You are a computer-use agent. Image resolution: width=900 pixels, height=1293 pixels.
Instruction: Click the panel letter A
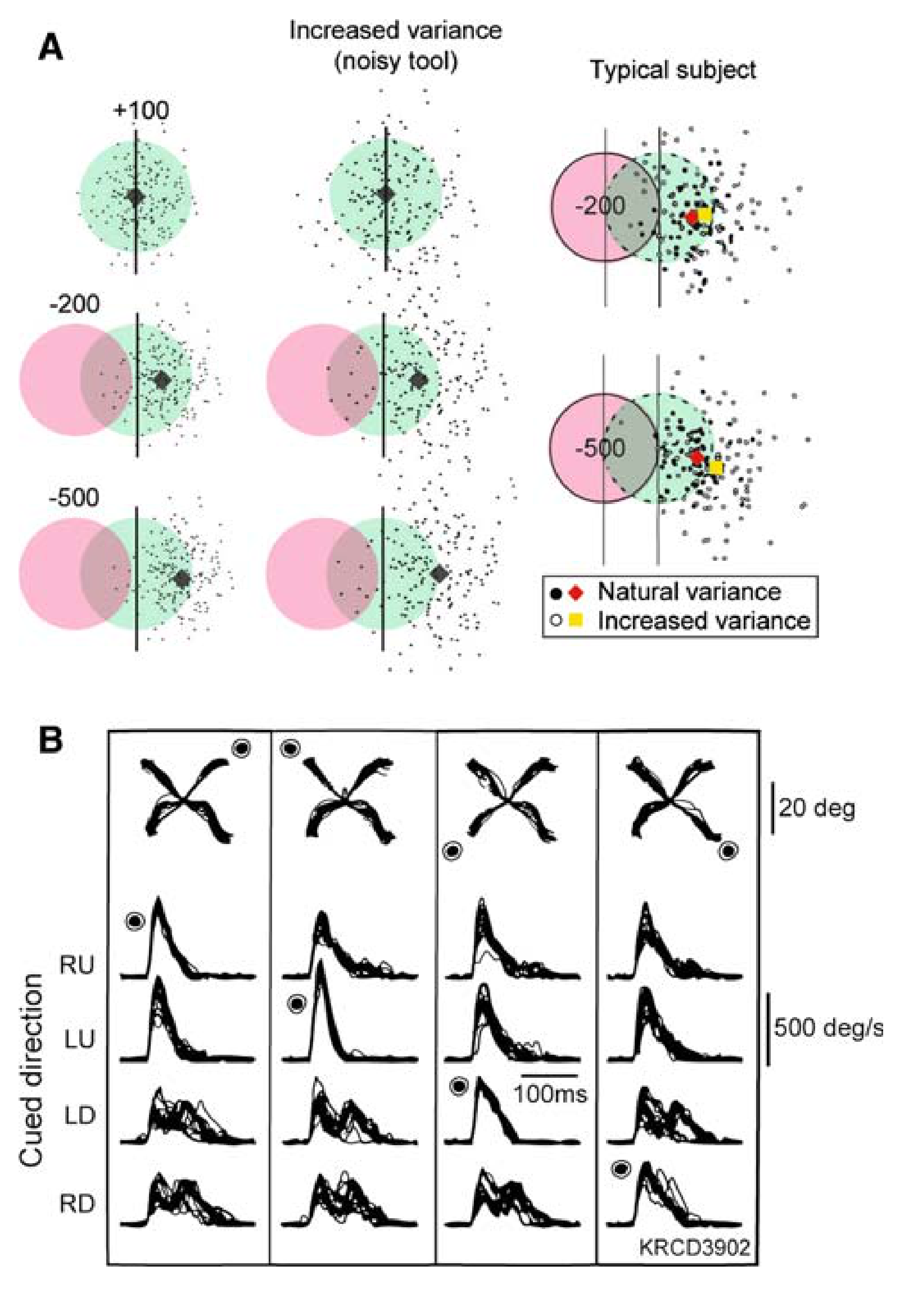click(x=50, y=48)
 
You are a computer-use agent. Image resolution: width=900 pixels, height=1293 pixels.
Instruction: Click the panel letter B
click(x=50, y=741)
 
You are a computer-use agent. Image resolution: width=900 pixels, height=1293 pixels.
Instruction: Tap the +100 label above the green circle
click(x=141, y=110)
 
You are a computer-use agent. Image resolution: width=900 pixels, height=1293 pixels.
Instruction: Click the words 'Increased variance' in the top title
click(x=395, y=30)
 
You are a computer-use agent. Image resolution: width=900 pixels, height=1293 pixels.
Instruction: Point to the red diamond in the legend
click(x=576, y=592)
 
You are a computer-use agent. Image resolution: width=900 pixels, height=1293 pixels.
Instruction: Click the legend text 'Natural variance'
click(x=689, y=591)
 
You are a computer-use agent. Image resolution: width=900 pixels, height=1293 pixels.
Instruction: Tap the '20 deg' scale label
click(x=817, y=809)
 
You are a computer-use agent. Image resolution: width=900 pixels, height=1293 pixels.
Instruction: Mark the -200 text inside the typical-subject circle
click(x=600, y=206)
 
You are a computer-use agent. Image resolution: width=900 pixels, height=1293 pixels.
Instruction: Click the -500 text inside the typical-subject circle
click(x=600, y=448)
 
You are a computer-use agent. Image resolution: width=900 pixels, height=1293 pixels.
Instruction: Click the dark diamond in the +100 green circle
click(x=135, y=197)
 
